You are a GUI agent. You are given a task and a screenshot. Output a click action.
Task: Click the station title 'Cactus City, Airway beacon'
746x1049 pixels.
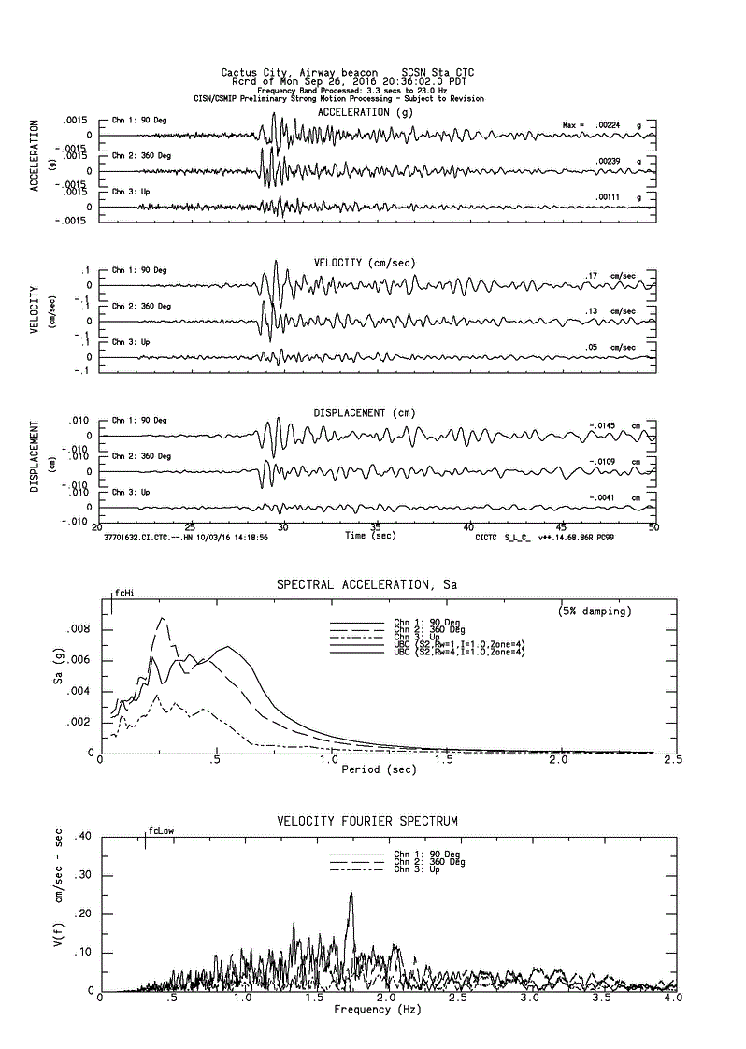[300, 72]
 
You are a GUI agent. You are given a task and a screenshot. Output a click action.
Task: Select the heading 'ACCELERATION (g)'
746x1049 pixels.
[365, 112]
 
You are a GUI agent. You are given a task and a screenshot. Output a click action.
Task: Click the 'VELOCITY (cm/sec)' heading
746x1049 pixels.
[364, 263]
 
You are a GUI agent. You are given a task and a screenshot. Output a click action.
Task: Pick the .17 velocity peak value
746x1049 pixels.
[591, 276]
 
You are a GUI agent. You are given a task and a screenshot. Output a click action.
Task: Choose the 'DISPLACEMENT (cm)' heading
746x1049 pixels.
[364, 412]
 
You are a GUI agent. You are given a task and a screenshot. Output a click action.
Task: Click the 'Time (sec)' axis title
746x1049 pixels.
[368, 536]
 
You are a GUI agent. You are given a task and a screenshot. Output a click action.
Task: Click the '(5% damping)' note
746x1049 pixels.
[595, 611]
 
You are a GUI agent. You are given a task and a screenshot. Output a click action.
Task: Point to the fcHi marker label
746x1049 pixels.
[124, 593]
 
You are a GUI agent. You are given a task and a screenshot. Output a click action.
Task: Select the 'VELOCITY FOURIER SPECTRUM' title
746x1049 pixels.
[367, 821]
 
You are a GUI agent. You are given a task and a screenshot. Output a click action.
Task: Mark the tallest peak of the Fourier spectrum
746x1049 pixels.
[351, 894]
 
